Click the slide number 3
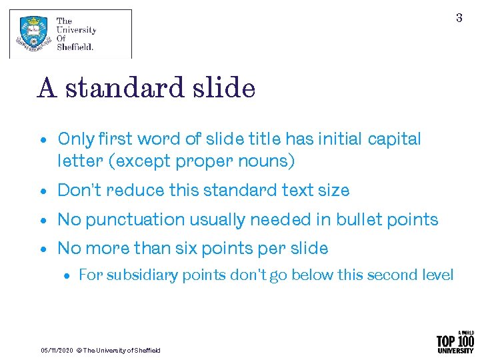pos(459,18)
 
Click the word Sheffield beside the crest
pos(75,47)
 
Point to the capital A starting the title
pos(47,88)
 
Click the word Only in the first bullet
pos(77,139)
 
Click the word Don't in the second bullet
pos(78,191)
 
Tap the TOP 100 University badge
pos(455,341)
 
